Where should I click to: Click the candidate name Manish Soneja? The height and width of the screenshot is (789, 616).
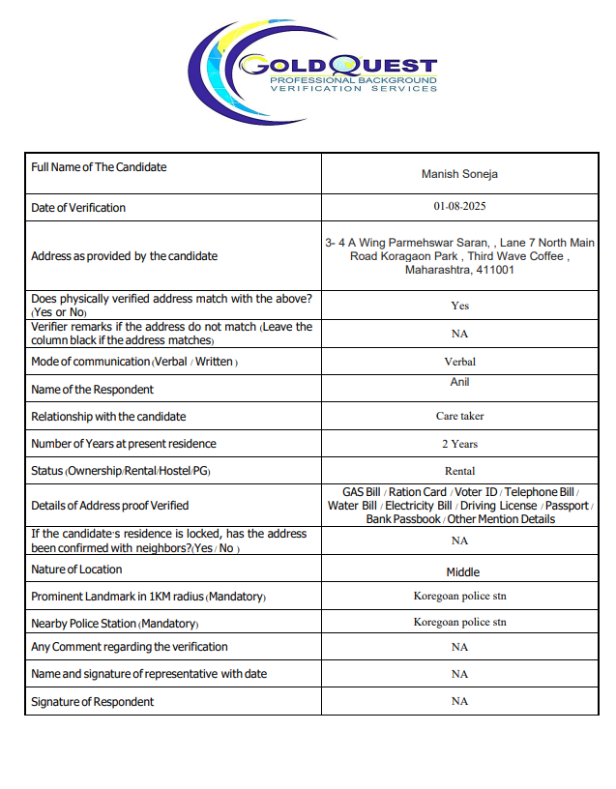[x=459, y=174]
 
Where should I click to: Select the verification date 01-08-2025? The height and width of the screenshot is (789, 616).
[x=459, y=207]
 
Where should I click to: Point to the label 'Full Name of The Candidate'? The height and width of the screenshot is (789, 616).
[x=99, y=167]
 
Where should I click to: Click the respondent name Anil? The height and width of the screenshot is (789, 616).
[x=459, y=382]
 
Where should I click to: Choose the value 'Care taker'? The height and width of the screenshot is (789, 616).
[x=459, y=417]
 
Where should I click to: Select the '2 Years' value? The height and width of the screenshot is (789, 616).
[x=459, y=444]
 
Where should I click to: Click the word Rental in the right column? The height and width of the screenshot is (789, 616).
[x=459, y=471]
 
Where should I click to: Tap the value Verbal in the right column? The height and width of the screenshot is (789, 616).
[x=459, y=362]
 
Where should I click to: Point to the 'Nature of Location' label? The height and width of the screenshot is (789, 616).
[x=76, y=570]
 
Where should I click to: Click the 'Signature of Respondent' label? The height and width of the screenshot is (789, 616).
[x=92, y=701]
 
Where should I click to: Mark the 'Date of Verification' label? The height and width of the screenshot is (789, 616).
[x=78, y=208]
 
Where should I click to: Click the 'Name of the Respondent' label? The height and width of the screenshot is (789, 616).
[x=92, y=390]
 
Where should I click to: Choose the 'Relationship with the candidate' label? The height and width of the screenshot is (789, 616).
[x=108, y=417]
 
